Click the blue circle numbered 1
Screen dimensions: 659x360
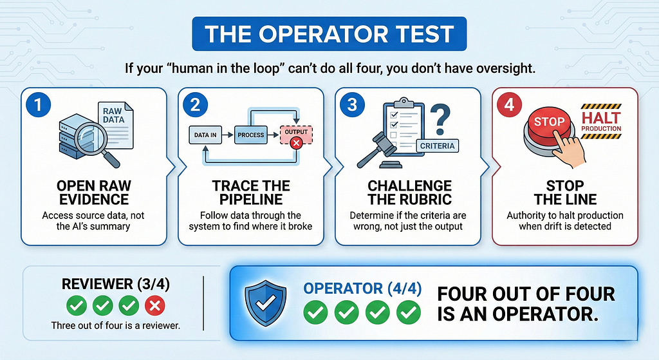[x=38, y=105]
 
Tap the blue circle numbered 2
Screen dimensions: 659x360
[x=195, y=105]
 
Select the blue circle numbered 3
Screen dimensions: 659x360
[x=352, y=105]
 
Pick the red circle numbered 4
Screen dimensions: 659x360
[x=510, y=105]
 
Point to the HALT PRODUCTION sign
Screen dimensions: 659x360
[x=601, y=122]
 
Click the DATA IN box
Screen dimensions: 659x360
[x=205, y=135]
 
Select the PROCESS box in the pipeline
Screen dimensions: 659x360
[x=250, y=135]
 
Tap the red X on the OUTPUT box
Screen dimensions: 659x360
[x=296, y=143]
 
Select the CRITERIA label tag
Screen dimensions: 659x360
[x=437, y=146]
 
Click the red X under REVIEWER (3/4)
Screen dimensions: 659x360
[x=154, y=306]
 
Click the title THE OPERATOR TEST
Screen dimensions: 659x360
[x=329, y=34]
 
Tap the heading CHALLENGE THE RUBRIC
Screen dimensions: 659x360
[x=410, y=192]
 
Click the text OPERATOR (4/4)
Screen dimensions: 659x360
[x=362, y=289]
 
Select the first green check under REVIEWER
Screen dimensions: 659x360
[x=77, y=306]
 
